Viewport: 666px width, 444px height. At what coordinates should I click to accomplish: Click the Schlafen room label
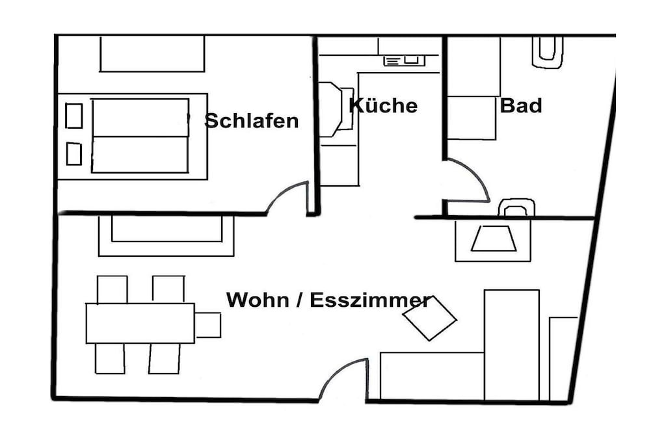[x=252, y=121]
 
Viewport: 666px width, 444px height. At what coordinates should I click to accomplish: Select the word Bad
[x=521, y=105]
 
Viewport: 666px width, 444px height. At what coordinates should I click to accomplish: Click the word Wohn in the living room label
[x=258, y=300]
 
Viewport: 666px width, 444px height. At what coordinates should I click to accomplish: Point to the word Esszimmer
[x=370, y=300]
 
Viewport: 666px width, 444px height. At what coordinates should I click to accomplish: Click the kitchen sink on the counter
[x=404, y=61]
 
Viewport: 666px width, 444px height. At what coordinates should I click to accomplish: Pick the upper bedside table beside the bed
[x=74, y=116]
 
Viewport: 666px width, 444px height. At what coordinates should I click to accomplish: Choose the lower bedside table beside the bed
[x=74, y=153]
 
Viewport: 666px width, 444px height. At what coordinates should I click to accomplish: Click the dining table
[x=140, y=323]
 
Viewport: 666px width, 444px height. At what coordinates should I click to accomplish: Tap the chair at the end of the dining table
[x=208, y=325]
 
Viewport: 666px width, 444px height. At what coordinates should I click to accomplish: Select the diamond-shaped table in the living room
[x=429, y=318]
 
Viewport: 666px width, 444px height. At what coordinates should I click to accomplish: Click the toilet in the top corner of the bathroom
[x=548, y=52]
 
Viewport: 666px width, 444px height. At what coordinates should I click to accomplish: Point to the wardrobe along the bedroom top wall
[x=152, y=53]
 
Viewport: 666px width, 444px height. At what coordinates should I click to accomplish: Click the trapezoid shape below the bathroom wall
[x=494, y=238]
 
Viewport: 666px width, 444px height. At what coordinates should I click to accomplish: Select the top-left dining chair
[x=112, y=289]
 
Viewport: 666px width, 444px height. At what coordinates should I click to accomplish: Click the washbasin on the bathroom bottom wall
[x=516, y=207]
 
